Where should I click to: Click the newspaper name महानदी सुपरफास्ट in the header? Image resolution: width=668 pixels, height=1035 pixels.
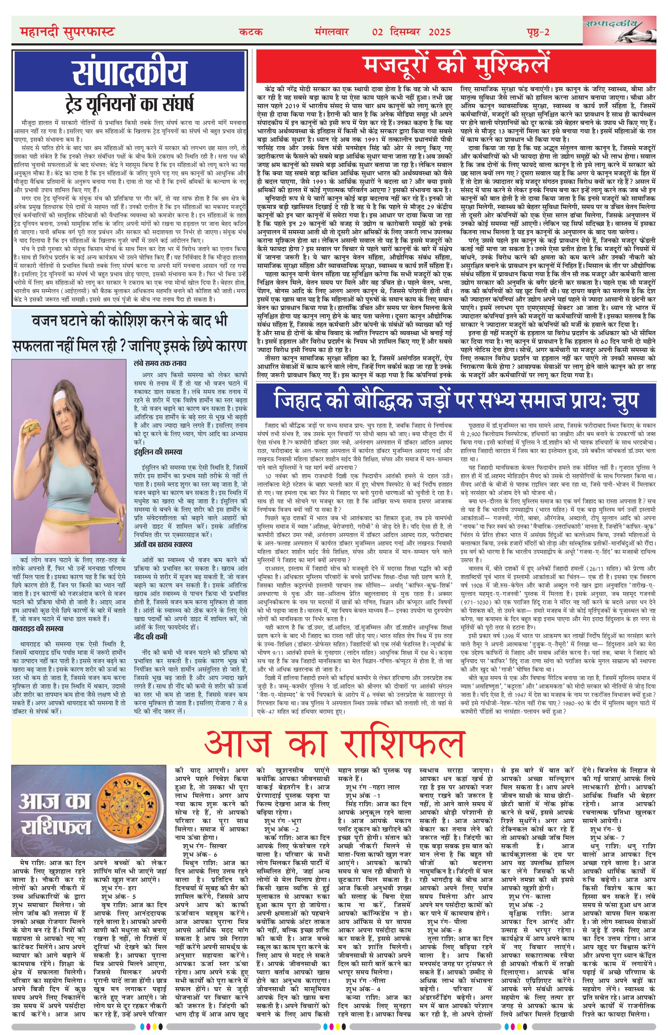pyautogui.click(x=67, y=32)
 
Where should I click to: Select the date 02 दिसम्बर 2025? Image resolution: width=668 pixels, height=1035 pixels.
pyautogui.click(x=411, y=32)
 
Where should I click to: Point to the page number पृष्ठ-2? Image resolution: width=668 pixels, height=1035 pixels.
pyautogui.click(x=536, y=32)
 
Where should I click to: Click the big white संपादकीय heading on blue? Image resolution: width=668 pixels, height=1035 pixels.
pyautogui.click(x=129, y=72)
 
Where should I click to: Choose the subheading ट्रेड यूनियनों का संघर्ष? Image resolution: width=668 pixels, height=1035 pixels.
pyautogui.click(x=129, y=104)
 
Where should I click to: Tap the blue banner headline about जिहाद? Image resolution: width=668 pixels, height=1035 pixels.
pyautogui.click(x=456, y=401)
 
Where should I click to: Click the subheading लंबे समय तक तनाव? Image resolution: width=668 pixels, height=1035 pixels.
pyautogui.click(x=160, y=363)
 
